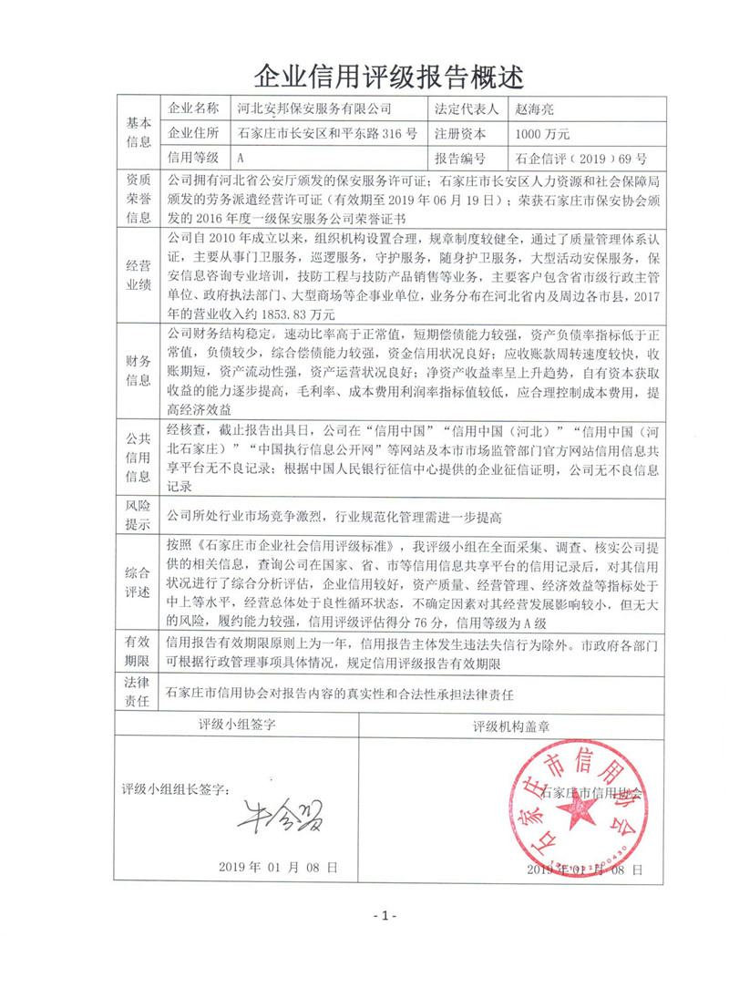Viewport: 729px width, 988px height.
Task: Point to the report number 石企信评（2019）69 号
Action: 568,157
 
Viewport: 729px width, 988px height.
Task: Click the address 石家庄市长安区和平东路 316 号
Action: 326,133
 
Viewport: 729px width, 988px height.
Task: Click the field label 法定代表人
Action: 467,108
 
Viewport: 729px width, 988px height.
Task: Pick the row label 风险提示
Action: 138,517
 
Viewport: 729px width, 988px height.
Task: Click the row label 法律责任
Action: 138,694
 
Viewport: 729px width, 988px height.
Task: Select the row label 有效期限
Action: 138,650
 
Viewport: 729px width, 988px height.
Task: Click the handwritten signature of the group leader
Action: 278,810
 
